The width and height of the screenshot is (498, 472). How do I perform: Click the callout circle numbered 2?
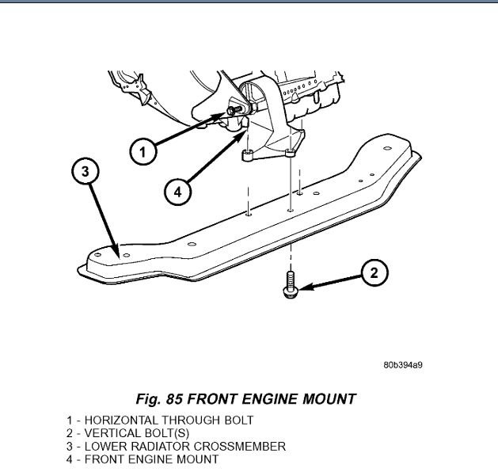tap(374, 274)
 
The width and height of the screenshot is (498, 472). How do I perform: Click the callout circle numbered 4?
tap(178, 191)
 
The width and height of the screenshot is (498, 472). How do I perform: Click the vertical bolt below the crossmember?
tap(291, 284)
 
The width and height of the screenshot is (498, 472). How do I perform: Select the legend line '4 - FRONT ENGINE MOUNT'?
tap(143, 459)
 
